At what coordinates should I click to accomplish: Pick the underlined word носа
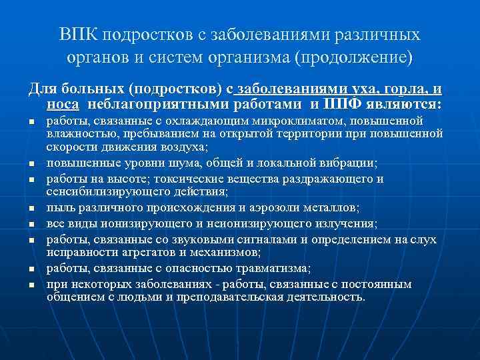tap(63, 104)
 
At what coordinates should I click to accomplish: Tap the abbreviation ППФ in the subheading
tap(342, 104)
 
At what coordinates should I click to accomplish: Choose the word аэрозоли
tap(275, 208)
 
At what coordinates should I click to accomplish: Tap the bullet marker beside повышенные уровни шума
tap(31, 164)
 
